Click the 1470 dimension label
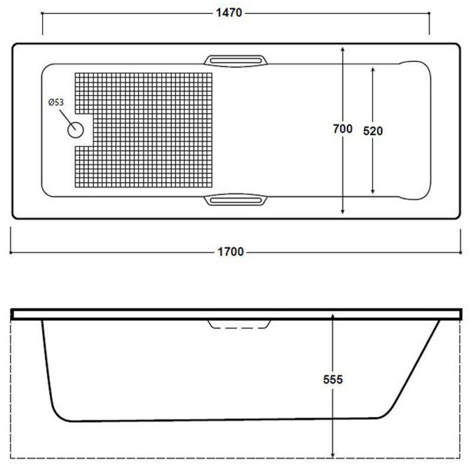click(x=229, y=13)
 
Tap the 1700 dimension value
click(x=230, y=252)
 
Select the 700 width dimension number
click(x=342, y=129)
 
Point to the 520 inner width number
click(x=373, y=131)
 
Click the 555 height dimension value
click(x=333, y=379)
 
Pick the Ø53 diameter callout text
click(x=56, y=102)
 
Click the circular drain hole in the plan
click(x=76, y=130)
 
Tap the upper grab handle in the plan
click(x=236, y=60)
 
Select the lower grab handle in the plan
click(x=236, y=199)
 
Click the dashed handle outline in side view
click(x=239, y=325)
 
